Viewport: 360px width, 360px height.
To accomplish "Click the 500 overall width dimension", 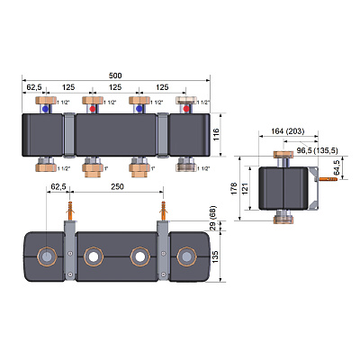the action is [x=115, y=76].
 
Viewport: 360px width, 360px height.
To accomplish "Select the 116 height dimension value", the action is [x=216, y=134].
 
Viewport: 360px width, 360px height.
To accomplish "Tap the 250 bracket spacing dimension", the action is [x=117, y=186].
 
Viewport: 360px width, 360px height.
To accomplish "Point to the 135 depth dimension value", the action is [x=215, y=257].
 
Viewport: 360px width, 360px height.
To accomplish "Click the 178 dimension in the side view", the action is [x=234, y=189].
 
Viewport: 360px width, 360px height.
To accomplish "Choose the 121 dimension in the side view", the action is [x=245, y=189].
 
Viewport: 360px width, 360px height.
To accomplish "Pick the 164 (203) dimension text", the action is [x=288, y=131].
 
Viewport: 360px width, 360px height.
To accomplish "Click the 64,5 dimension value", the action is [x=337, y=167].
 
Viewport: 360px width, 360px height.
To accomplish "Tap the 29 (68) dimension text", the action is [x=212, y=218].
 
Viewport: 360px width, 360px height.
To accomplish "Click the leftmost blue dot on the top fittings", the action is [x=45, y=109].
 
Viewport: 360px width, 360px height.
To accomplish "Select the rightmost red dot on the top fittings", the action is [x=186, y=109].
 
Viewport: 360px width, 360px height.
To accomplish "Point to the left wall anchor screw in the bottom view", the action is [x=70, y=211].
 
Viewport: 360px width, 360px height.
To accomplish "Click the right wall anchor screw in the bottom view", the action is [x=164, y=211].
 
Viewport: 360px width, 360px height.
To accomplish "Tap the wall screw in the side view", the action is [x=328, y=179].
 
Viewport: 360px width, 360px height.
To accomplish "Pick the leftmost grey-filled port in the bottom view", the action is [x=46, y=256].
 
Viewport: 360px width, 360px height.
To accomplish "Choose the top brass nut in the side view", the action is [x=283, y=155].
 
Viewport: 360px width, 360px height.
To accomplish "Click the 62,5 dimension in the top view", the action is [x=34, y=87].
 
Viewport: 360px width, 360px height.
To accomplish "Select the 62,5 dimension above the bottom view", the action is [x=58, y=186].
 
